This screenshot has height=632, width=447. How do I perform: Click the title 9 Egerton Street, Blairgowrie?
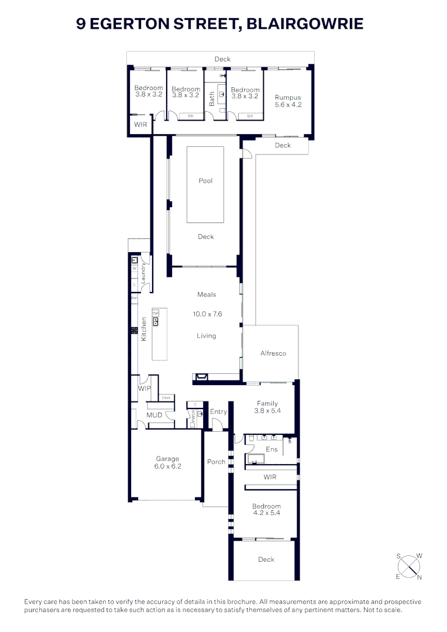(x=220, y=24)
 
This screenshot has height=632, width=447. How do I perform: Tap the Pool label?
(x=205, y=181)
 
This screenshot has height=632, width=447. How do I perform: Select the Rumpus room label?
(x=288, y=101)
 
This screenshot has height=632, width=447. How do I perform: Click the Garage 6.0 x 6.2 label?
(x=167, y=463)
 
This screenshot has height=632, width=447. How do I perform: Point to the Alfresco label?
(x=273, y=353)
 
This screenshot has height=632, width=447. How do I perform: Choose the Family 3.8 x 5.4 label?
(x=266, y=407)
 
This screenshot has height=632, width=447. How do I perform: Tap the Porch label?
(x=216, y=462)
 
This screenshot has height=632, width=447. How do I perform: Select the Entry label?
(x=218, y=412)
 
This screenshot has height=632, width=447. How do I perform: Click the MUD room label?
(x=154, y=415)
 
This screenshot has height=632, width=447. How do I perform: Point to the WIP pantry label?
(x=145, y=389)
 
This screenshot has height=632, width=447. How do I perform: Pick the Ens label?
(x=271, y=449)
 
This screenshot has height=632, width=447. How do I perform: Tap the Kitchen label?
(x=143, y=329)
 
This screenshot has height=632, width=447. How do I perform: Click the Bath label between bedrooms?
(x=212, y=98)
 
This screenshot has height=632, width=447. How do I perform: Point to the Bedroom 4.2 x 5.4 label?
(x=266, y=510)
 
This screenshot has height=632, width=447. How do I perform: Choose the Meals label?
(x=207, y=294)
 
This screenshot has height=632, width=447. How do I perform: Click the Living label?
(x=206, y=336)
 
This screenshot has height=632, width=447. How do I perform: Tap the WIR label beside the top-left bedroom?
(x=140, y=125)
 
